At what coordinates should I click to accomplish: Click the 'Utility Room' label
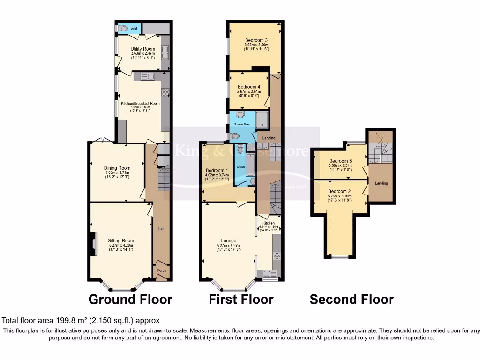[x=142, y=49]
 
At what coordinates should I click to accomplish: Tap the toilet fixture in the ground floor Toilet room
[x=123, y=29]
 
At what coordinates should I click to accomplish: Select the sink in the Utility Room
[x=165, y=56]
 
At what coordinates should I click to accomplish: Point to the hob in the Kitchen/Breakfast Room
[x=165, y=91]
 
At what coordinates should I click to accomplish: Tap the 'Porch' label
[x=161, y=270]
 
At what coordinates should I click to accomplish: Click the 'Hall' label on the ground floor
[x=161, y=228]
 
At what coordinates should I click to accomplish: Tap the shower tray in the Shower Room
[x=262, y=119]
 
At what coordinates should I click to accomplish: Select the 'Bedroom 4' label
[x=248, y=87]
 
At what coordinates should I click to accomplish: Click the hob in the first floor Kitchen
[x=277, y=255]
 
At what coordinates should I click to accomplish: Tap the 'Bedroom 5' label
[x=340, y=161]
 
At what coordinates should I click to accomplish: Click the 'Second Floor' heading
[x=352, y=300]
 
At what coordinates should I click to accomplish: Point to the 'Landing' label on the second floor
[x=381, y=183]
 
